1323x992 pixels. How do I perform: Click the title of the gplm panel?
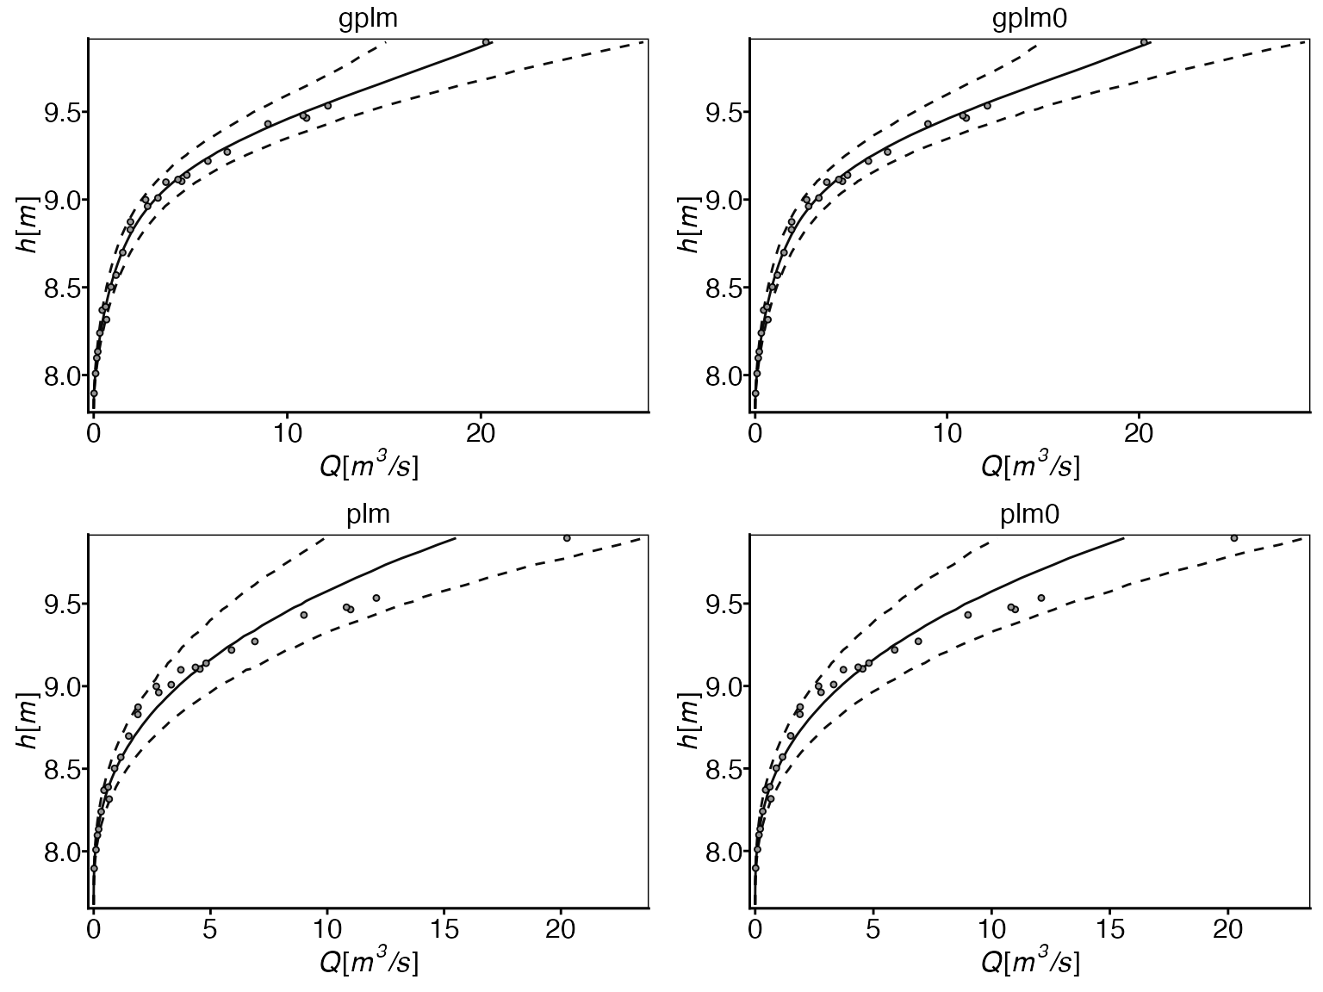click(x=368, y=20)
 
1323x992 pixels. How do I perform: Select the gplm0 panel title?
click(x=1029, y=20)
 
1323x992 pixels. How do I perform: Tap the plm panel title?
click(x=368, y=515)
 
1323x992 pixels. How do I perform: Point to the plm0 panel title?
click(x=1029, y=515)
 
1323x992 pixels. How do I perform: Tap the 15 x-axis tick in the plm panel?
click(x=444, y=929)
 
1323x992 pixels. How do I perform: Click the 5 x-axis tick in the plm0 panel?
click(x=873, y=929)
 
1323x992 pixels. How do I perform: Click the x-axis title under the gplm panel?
click(x=369, y=466)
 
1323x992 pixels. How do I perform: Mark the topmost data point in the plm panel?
click(x=567, y=538)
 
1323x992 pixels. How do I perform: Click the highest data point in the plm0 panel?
click(x=1233, y=538)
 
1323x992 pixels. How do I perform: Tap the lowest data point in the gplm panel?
click(x=94, y=393)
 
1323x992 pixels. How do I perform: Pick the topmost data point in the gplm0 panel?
click(x=1144, y=41)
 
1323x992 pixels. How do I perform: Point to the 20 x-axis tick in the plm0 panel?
click(x=1227, y=929)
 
